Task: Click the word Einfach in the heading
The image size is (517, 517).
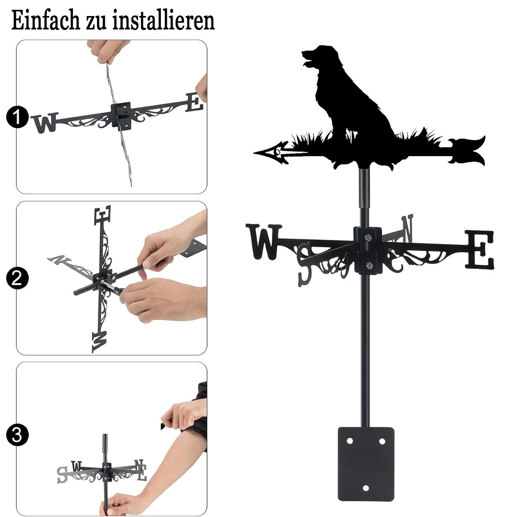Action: point(46,20)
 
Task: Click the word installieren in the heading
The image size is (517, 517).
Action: point(163,20)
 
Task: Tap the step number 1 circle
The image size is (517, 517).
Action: point(17,117)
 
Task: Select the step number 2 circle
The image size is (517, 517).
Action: point(17,278)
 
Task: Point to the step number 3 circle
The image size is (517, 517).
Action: point(17,435)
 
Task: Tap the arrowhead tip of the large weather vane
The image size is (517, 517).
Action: point(254,153)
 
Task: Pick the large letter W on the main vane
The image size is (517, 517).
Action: point(264,241)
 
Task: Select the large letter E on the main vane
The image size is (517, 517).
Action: point(480,250)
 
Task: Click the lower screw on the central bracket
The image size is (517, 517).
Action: point(369,265)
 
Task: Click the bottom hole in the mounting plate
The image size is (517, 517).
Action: point(366,488)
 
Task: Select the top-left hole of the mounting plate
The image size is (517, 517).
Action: point(349,441)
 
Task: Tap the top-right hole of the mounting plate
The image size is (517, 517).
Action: point(382,441)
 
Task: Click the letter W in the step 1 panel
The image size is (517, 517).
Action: point(45,123)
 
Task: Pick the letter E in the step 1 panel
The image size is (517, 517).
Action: point(194,102)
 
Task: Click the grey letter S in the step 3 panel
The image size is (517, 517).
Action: point(63,475)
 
